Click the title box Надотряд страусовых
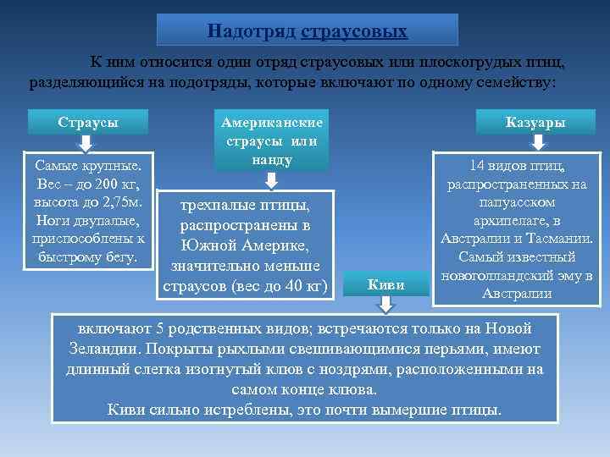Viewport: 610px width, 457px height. pos(308,30)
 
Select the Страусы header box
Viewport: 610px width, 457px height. pos(88,122)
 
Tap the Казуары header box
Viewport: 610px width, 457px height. pos(535,123)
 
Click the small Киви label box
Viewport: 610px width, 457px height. pos(385,284)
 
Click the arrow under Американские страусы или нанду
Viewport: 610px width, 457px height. pos(270,179)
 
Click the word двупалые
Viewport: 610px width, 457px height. pos(106,221)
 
